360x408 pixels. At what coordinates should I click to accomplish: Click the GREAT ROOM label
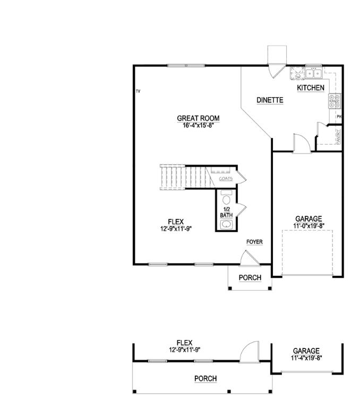coord(198,118)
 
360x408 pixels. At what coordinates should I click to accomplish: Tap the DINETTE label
coord(269,100)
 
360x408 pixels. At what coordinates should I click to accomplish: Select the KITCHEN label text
coord(311,88)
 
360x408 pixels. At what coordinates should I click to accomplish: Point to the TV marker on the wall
coord(138,92)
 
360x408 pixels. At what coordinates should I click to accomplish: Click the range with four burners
coord(335,101)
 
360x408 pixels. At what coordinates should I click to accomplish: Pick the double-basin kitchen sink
coord(313,73)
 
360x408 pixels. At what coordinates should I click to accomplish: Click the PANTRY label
coord(338,136)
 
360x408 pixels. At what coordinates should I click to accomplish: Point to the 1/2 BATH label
coord(226,212)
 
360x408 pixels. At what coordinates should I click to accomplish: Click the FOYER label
coord(254,242)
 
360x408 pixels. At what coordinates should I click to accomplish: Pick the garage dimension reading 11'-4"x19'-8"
coord(307,358)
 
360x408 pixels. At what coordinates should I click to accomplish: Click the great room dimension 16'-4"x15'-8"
coord(198,125)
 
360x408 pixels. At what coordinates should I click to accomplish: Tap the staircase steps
coord(173,175)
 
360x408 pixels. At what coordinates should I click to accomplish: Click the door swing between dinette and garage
coord(301,144)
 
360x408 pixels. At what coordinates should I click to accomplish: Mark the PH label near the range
coord(338,116)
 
